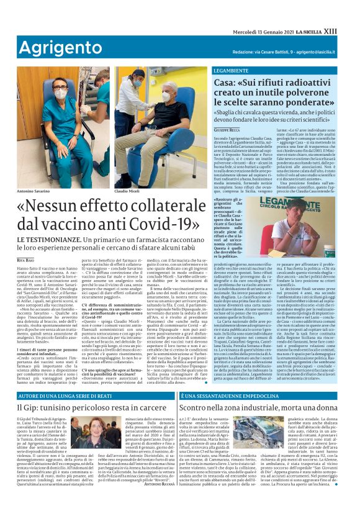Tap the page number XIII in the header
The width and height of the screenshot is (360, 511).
tap(348, 30)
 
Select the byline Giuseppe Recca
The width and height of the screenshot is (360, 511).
tap(228, 129)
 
